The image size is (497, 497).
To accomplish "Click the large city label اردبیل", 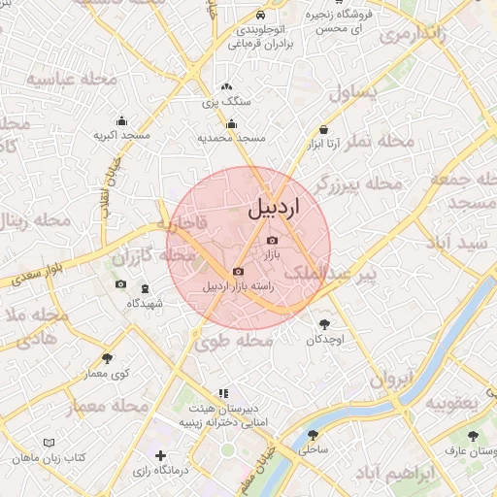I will (275, 207).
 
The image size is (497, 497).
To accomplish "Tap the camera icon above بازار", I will (272, 240).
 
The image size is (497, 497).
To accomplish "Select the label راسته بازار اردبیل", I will (238, 286).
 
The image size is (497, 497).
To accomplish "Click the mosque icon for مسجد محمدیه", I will (231, 123).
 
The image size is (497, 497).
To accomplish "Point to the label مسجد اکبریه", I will (121, 136).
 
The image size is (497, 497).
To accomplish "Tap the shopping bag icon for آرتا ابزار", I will (323, 129).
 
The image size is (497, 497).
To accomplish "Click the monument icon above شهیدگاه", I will (146, 288).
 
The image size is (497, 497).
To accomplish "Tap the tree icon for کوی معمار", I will (107, 358).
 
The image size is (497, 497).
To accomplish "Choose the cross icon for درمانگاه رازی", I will (160, 454).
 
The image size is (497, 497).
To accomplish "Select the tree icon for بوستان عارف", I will (473, 436).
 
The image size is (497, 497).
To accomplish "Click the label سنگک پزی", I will (226, 101).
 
